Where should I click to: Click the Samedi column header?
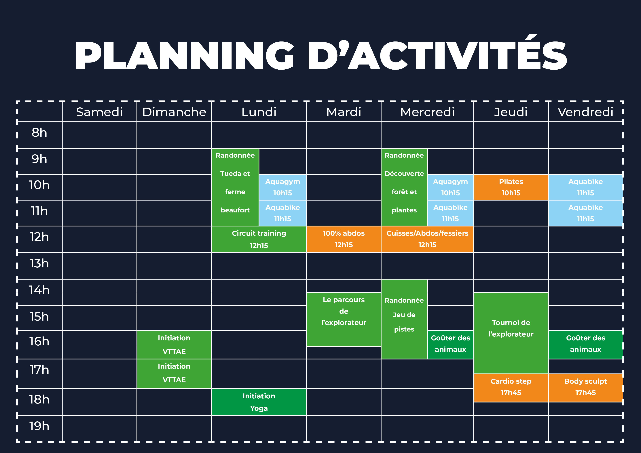point(99,112)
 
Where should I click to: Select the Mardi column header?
point(344,112)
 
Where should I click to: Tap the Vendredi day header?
point(585,112)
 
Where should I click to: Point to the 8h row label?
point(39,133)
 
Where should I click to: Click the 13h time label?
point(39,263)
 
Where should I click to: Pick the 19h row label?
point(39,426)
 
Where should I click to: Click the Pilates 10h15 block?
point(511,187)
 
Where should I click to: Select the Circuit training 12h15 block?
point(259,239)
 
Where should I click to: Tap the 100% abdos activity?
point(344,239)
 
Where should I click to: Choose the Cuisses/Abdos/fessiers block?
point(427,239)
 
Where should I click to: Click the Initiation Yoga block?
point(259,402)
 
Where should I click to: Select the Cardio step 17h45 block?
point(511,388)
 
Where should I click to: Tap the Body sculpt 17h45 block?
point(585,388)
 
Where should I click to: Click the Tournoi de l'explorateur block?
point(511,333)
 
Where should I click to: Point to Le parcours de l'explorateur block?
point(344,319)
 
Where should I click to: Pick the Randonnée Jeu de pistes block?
point(404,319)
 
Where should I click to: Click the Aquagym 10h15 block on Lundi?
point(282,187)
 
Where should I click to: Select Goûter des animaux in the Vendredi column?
point(585,345)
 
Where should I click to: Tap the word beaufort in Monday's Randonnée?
point(235,210)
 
